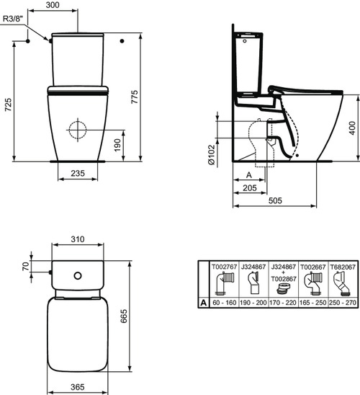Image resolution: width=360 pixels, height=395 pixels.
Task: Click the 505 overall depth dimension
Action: [x=276, y=203]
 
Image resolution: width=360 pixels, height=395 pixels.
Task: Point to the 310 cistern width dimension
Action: [x=78, y=239]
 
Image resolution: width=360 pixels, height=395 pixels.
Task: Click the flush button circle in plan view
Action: [x=77, y=275]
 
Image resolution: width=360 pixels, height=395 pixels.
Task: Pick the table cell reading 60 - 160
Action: [x=224, y=304]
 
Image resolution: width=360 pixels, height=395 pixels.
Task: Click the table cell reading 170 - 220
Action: [x=282, y=304]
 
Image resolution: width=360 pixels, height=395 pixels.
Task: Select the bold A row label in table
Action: [x=204, y=304]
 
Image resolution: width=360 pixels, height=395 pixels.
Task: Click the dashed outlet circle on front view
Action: [x=76, y=131]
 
